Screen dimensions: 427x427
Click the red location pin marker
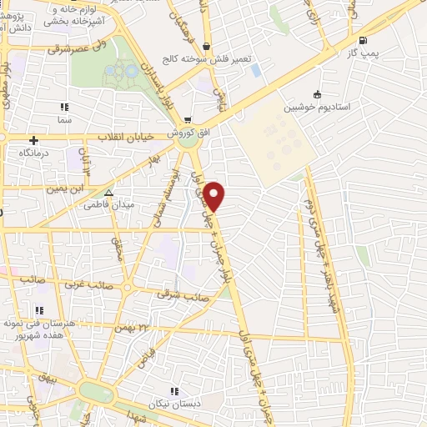[x=215, y=196]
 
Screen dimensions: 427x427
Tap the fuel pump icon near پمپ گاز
[x=361, y=41]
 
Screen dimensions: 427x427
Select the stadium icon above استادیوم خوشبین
[x=317, y=94]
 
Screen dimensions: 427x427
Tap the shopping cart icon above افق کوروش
[x=188, y=120]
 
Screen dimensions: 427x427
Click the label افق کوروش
[x=179, y=133]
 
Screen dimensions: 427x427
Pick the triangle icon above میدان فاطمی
[x=108, y=191]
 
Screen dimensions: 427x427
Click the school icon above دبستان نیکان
[x=173, y=390]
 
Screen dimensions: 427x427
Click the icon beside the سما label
[x=64, y=107]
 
